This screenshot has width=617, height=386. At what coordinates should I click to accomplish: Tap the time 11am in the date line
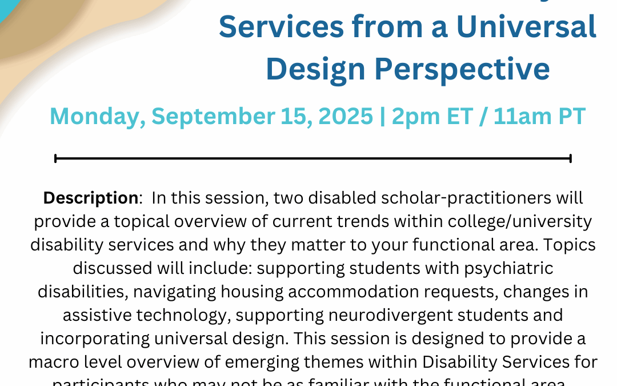(x=527, y=116)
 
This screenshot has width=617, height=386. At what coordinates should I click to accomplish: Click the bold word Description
(x=91, y=198)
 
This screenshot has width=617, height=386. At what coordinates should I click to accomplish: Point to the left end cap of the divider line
(x=55, y=158)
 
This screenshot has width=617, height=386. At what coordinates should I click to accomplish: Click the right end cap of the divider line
(x=570, y=158)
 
